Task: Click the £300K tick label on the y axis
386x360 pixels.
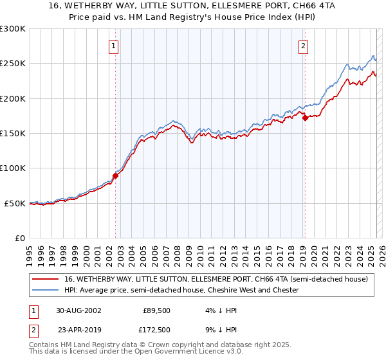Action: pos(13,29)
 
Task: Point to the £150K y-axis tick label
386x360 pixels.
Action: pos(13,133)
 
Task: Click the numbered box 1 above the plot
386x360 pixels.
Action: pos(113,46)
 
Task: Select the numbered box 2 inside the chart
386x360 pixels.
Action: pos(302,46)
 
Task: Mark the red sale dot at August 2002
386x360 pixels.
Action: pos(116,175)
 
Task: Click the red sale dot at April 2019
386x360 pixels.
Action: pos(305,118)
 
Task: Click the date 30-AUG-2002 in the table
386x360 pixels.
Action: pos(78,309)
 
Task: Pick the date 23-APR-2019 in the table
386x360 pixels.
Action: pos(78,330)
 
